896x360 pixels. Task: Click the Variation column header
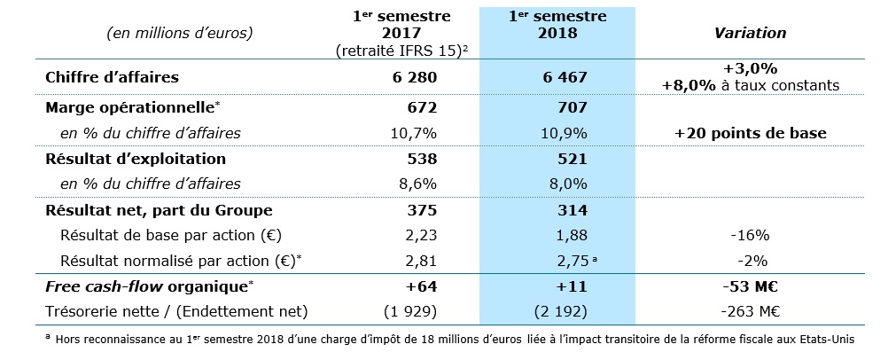click(x=751, y=33)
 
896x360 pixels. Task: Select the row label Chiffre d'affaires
click(x=112, y=77)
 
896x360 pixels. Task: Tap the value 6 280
click(x=414, y=77)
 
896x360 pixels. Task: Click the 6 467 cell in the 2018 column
click(x=563, y=77)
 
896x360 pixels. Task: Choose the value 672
click(x=423, y=108)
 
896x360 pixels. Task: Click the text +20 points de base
click(x=750, y=133)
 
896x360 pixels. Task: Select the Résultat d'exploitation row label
click(x=136, y=159)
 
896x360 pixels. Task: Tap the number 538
click(x=423, y=159)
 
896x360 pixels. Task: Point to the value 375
click(x=423, y=210)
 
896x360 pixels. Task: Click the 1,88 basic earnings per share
click(x=570, y=236)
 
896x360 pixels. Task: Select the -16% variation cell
click(x=751, y=236)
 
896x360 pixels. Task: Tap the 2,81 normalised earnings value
click(x=421, y=262)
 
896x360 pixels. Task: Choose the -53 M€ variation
click(x=751, y=286)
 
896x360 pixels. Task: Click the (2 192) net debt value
click(x=563, y=311)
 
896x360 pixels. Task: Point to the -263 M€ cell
click(x=751, y=311)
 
